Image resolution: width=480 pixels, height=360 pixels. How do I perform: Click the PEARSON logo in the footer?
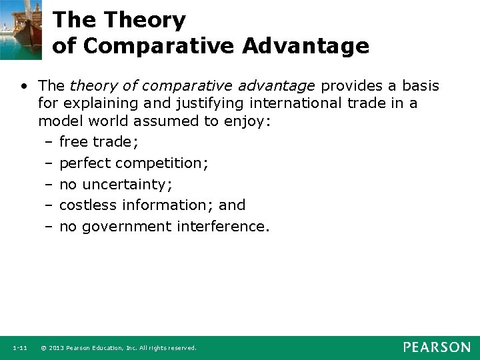pos(437,347)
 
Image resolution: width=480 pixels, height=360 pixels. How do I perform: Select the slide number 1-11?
pos(19,348)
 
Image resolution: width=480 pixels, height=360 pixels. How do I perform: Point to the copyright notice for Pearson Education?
pos(118,348)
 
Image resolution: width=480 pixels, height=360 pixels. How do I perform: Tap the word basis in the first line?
pos(418,86)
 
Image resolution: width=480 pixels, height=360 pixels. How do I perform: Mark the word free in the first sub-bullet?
pos(74,141)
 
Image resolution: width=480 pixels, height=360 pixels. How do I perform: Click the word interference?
pos(223,227)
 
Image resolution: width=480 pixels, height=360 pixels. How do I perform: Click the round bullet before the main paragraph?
pos(25,87)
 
